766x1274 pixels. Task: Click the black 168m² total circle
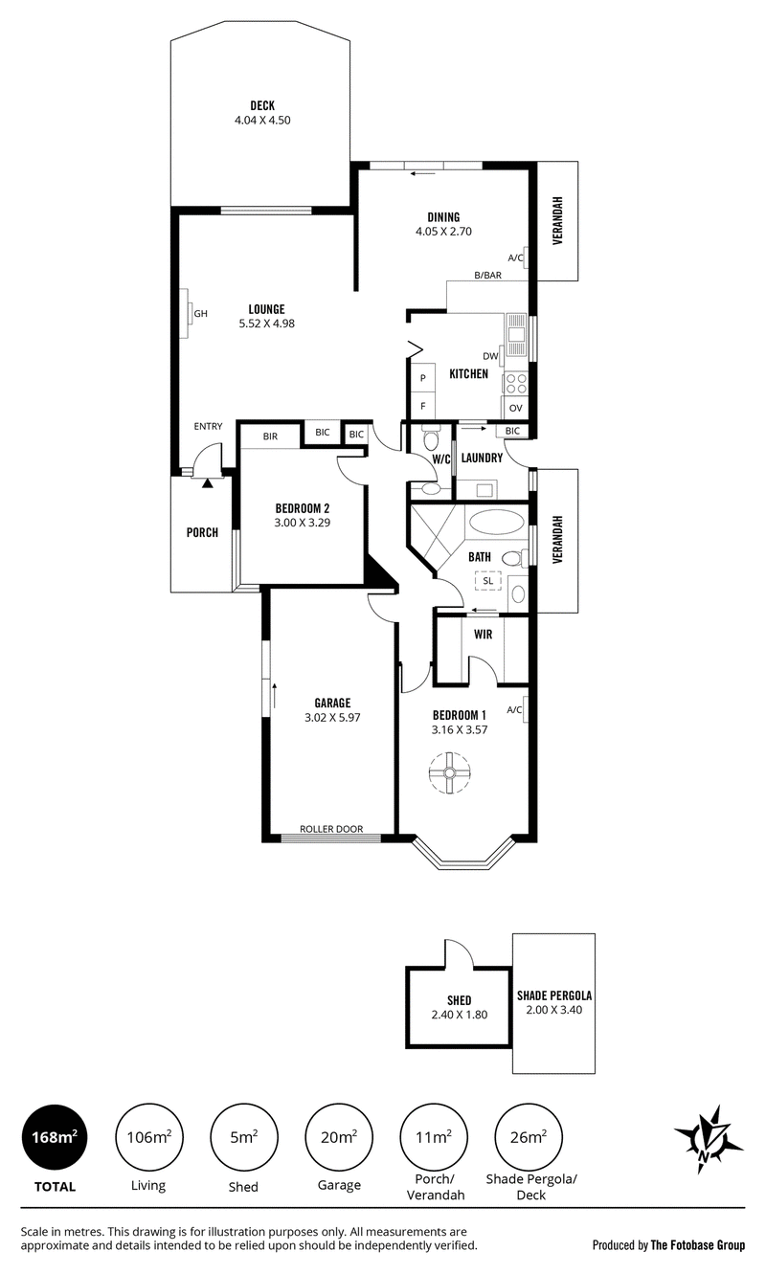tap(55, 1137)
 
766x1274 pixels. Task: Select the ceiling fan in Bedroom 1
tap(450, 772)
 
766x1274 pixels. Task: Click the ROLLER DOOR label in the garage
tap(331, 829)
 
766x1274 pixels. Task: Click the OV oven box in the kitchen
tap(515, 408)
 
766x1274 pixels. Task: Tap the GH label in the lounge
tap(201, 313)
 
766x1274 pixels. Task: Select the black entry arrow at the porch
tap(207, 482)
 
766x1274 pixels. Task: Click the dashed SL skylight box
tap(487, 581)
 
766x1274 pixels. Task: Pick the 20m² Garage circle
tap(339, 1137)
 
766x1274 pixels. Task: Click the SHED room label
tap(459, 1000)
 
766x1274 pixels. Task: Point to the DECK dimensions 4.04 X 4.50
tap(262, 120)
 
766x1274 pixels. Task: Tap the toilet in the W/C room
tap(431, 437)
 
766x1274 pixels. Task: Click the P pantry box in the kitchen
tap(423, 378)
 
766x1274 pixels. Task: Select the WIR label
tap(484, 635)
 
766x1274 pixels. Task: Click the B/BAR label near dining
tap(488, 276)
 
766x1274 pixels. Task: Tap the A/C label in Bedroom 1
tap(514, 710)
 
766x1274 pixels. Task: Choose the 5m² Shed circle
tap(244, 1137)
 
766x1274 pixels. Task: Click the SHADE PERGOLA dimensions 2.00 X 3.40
tap(554, 1010)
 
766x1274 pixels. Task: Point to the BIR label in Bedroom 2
tap(270, 436)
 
